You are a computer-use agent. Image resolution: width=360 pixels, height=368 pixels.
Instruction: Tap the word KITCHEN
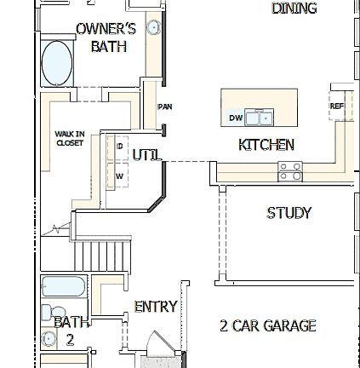tap(266, 145)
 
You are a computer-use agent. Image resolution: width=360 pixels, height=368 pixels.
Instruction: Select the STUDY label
tap(289, 212)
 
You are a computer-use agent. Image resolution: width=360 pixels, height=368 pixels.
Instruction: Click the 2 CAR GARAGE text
tap(267, 325)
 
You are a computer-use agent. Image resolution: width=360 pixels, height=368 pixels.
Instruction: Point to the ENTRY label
tap(155, 305)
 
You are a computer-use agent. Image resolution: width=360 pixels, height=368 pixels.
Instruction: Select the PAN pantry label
tap(163, 107)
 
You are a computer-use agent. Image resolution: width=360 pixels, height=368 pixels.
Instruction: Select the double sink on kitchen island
tap(258, 117)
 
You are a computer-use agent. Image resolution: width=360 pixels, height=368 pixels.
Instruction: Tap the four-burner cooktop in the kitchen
tap(291, 170)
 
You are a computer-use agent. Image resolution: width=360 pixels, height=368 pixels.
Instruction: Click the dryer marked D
tap(118, 147)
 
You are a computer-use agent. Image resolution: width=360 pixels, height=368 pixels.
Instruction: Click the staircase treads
tap(99, 257)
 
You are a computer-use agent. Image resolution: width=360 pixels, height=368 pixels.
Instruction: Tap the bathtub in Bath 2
tap(64, 288)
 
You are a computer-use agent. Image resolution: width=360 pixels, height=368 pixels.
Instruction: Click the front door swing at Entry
tap(157, 348)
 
